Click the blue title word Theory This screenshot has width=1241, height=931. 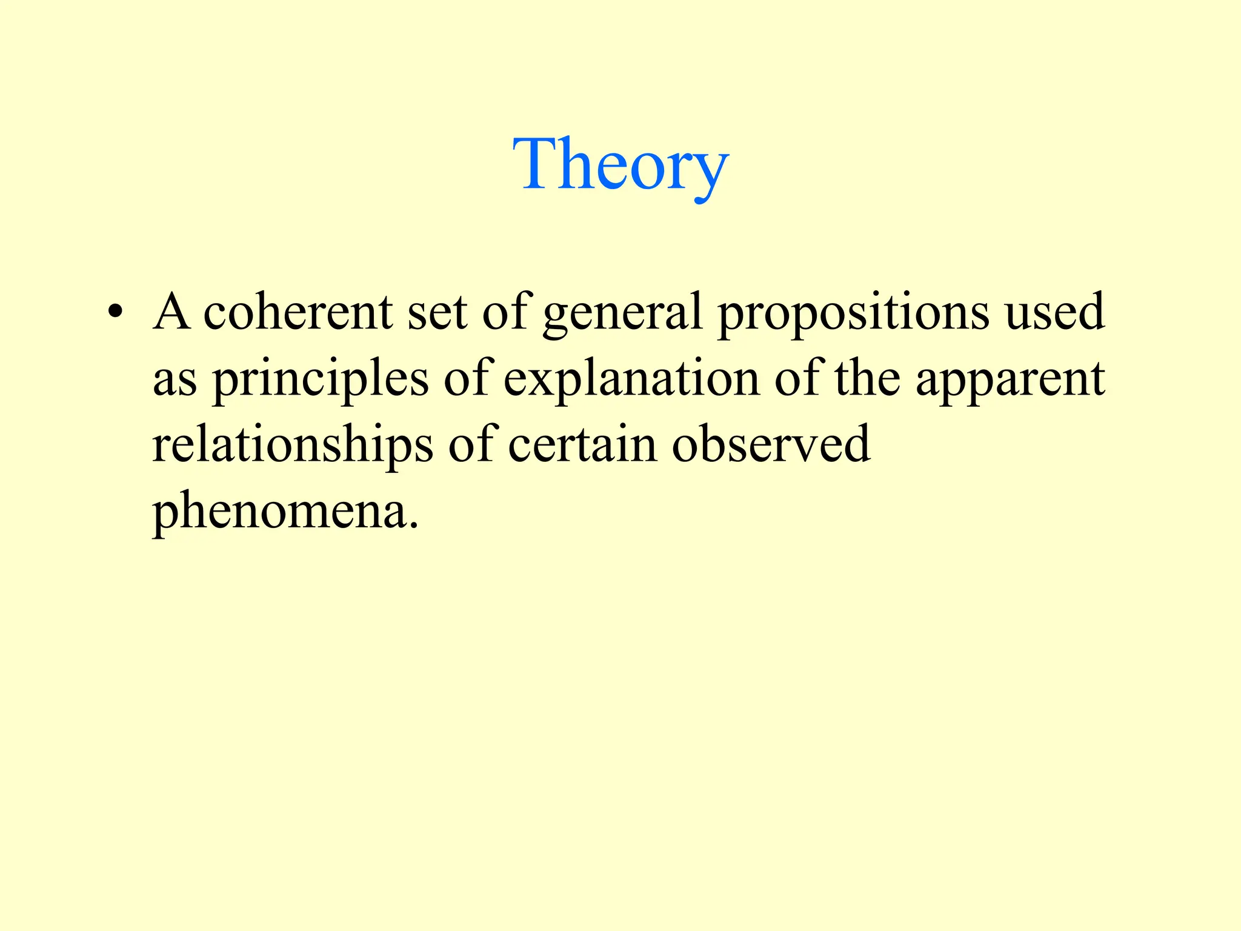click(x=620, y=164)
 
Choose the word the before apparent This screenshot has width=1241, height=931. click(x=867, y=378)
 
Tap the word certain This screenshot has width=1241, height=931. click(x=582, y=445)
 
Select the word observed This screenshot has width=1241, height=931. click(x=771, y=445)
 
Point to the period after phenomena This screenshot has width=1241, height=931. click(x=414, y=525)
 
